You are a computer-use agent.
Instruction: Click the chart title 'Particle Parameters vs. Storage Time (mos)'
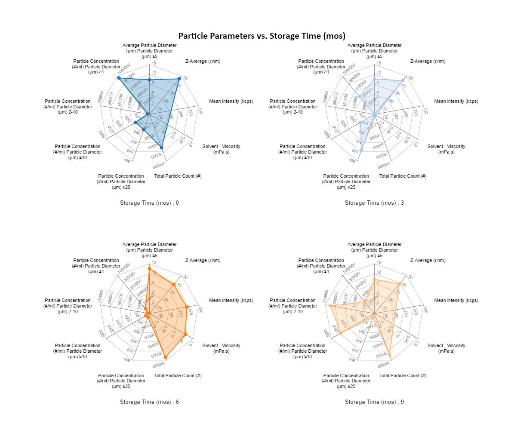262,36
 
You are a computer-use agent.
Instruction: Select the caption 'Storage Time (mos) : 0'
149,203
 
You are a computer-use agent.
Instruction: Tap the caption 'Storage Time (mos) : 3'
374,203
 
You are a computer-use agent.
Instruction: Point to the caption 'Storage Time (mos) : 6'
149,402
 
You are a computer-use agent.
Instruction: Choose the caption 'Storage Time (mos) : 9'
374,402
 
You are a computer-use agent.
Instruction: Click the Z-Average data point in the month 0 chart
179,79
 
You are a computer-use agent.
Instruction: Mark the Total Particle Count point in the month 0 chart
161,148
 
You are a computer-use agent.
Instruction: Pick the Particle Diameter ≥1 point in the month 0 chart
119,78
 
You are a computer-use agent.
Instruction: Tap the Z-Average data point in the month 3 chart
403,81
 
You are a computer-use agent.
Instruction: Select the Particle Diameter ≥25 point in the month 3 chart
362,150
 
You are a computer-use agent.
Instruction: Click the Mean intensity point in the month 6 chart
187,307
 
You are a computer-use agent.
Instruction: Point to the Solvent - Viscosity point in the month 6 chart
185,334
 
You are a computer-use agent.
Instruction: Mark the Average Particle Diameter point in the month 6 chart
149,269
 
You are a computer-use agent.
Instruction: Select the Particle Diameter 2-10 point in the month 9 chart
331,306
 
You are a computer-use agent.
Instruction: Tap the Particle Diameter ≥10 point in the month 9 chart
341,333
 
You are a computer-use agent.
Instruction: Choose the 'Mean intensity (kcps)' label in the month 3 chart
456,102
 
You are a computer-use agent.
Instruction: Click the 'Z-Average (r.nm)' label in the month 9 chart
428,260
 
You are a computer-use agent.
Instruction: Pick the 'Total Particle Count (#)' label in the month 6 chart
178,375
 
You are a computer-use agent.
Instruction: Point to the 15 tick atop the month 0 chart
154,63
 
